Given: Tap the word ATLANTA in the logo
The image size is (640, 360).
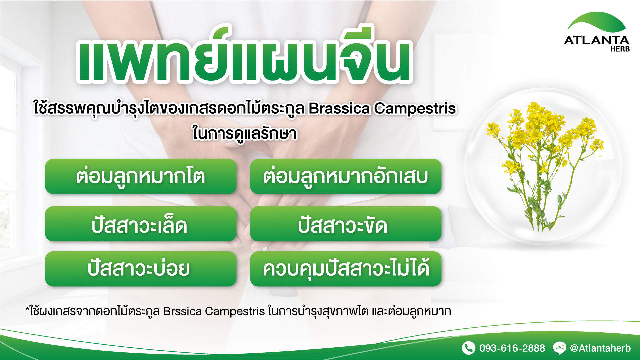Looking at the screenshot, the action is pyautogui.click(x=597, y=40).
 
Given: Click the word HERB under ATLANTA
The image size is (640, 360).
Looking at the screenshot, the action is pyautogui.click(x=620, y=49).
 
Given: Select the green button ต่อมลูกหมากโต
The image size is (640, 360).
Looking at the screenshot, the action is pyautogui.click(x=141, y=176).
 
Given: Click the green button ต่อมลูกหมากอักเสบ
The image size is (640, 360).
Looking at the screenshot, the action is pyautogui.click(x=346, y=176).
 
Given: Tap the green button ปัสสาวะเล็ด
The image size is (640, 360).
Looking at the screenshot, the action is pyautogui.click(x=141, y=224).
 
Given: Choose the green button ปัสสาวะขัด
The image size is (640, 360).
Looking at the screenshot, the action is pyautogui.click(x=346, y=224).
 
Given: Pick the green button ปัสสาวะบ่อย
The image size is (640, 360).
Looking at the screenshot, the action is pyautogui.click(x=141, y=269).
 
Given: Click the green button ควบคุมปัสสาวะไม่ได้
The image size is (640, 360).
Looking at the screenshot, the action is pyautogui.click(x=346, y=269).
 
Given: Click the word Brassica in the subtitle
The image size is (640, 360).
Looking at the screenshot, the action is pyautogui.click(x=339, y=108).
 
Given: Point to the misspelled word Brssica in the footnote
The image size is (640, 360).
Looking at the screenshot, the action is pyautogui.click(x=182, y=311).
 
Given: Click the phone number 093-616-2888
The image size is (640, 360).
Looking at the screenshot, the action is pyautogui.click(x=512, y=348).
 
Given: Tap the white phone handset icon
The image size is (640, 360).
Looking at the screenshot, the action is pyautogui.click(x=469, y=348).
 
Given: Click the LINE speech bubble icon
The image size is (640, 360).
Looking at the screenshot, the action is pyautogui.click(x=560, y=348).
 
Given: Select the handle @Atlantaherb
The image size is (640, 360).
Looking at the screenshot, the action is pyautogui.click(x=600, y=348).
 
